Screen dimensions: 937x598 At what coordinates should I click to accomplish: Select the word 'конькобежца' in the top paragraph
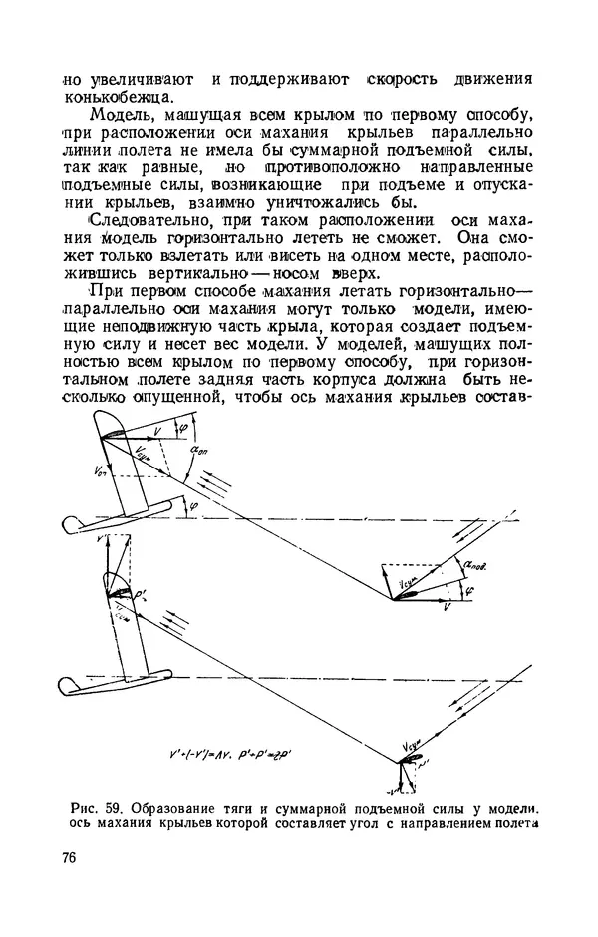click(x=116, y=96)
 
